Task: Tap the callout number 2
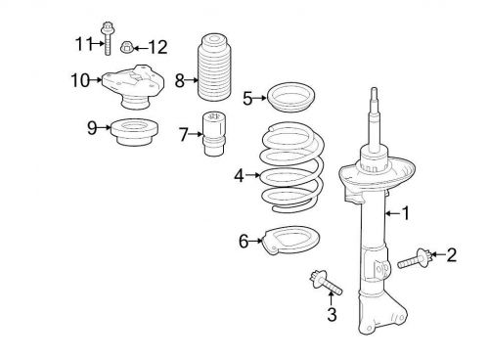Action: coord(451,255)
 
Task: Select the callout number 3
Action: coord(332,314)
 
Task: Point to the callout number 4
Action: coord(239,176)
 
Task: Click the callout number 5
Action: coord(248,97)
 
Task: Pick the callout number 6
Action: coord(244,239)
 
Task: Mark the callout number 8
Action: coord(179,80)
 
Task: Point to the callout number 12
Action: coord(157,46)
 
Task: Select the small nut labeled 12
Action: coord(126,45)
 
